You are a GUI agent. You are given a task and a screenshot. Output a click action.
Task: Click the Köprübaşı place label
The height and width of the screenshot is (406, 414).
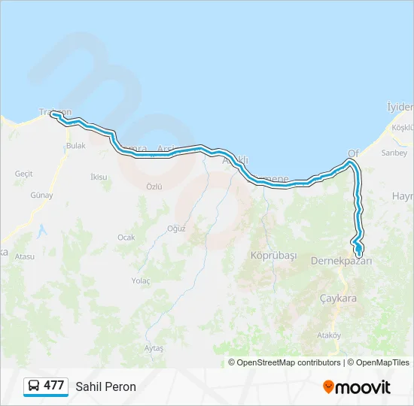[274, 256]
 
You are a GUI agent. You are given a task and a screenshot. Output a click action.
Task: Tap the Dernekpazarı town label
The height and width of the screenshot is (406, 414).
[341, 261]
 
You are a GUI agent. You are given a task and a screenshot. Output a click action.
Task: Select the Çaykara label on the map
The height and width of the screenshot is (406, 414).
[336, 298]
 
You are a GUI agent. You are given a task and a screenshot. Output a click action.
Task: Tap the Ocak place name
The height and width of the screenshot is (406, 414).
[126, 237]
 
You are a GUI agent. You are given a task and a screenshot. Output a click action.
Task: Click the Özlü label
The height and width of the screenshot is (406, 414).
[154, 186]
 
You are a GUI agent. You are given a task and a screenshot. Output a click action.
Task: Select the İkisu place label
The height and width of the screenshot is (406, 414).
[99, 177]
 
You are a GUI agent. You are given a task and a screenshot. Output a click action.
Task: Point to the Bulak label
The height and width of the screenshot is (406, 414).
[76, 146]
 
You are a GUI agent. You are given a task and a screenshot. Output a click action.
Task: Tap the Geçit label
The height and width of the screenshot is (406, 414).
[24, 174]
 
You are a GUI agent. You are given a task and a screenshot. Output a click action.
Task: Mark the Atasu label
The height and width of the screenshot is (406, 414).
[25, 256]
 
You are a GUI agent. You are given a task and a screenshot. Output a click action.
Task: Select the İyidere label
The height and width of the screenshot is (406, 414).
[400, 106]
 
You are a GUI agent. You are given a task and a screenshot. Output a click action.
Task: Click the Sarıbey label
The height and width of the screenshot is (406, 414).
[394, 153]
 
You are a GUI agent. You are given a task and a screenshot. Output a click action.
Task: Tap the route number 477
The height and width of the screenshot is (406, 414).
[53, 386]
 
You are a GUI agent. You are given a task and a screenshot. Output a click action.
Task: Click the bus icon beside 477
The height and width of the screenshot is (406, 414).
[34, 386]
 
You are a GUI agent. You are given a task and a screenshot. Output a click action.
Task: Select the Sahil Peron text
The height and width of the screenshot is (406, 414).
[105, 386]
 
